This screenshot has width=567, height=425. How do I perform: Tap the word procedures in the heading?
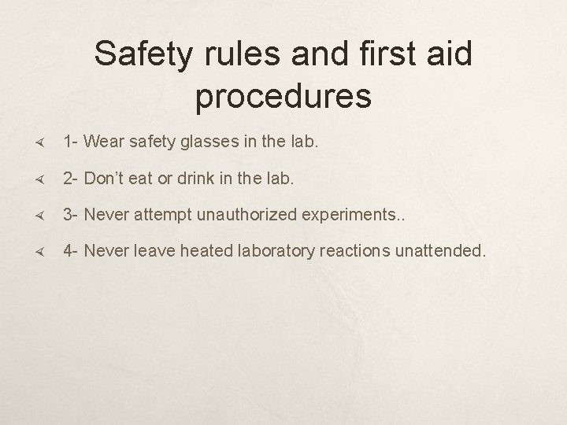pos(283,95)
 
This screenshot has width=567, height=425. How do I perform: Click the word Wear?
pos(103,142)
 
